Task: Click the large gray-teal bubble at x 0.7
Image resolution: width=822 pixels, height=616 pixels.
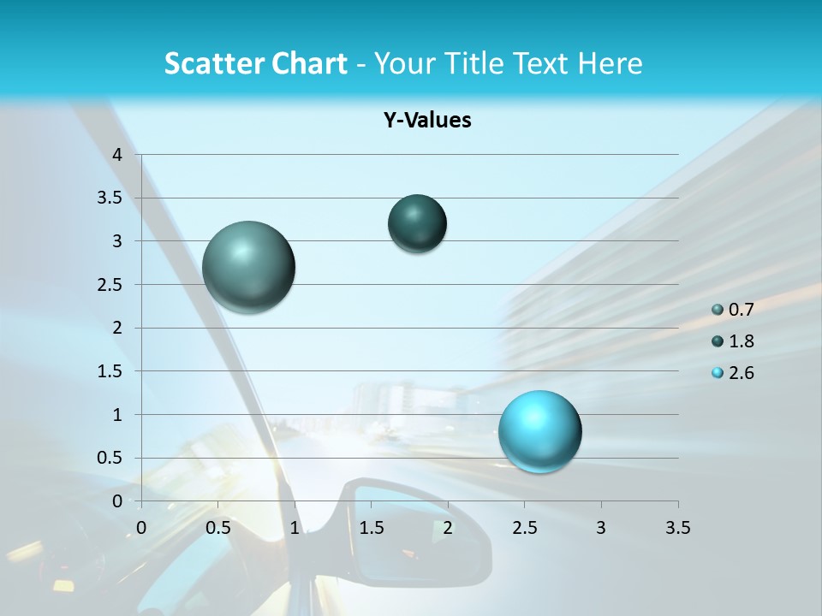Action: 248,267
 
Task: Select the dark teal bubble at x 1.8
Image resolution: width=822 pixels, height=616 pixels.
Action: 417,223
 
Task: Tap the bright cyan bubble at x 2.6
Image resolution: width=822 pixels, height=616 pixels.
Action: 539,431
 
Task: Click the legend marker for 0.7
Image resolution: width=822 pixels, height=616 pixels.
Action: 718,310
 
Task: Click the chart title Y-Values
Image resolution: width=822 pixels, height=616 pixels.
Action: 427,121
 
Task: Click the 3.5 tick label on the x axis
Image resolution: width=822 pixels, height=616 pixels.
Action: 677,528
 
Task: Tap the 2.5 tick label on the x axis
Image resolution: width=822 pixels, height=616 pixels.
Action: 524,528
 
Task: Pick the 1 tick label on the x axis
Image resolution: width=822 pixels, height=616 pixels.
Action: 295,528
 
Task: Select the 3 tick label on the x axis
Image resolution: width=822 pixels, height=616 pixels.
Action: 601,528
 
